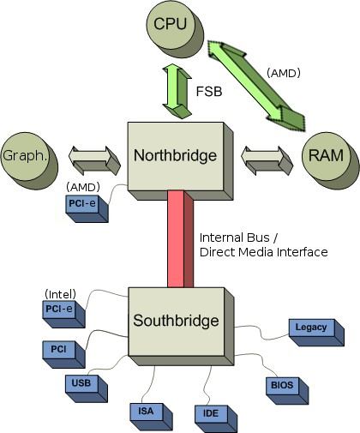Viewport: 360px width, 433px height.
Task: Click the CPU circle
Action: click(x=175, y=29)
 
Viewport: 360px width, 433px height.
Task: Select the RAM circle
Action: click(x=330, y=160)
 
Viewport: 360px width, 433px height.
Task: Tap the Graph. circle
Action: click(x=29, y=160)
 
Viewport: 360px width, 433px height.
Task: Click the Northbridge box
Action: click(x=180, y=161)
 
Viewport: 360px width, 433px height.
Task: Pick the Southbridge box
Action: click(x=181, y=327)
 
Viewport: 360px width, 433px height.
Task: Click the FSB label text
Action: click(x=209, y=92)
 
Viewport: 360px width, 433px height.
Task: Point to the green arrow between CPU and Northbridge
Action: click(x=177, y=91)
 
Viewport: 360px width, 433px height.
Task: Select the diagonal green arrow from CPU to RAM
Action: click(x=256, y=86)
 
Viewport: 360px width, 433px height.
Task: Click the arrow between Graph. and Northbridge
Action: click(x=94, y=160)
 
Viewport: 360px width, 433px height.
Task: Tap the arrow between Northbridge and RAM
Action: click(x=267, y=160)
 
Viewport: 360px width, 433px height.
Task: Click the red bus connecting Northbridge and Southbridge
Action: click(x=180, y=239)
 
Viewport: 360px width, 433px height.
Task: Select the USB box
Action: click(x=87, y=388)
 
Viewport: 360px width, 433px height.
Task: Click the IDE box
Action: click(x=216, y=418)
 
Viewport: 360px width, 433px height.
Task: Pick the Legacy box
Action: click(x=316, y=333)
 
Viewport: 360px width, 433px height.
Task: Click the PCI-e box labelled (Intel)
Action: click(x=63, y=314)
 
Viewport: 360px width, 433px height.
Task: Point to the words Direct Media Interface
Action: click(x=263, y=252)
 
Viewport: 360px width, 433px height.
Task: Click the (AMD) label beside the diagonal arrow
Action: click(x=284, y=73)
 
